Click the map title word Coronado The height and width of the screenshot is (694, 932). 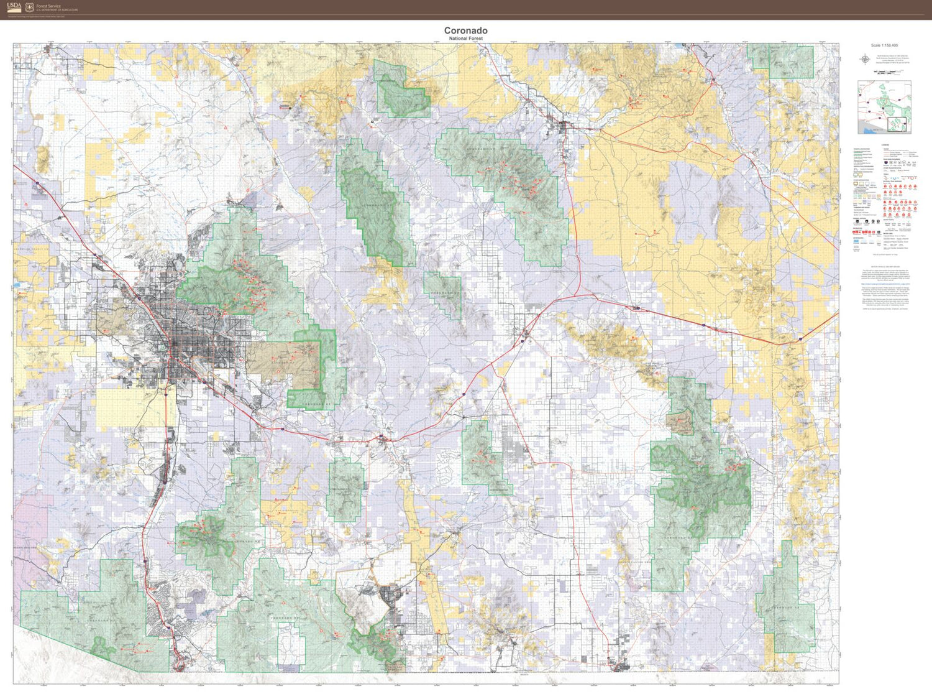click(465, 30)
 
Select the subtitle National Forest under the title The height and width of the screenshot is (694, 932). click(465, 39)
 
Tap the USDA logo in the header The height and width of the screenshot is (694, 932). click(14, 7)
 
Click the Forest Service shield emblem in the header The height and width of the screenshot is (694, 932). click(29, 7)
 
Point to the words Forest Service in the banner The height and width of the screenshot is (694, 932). click(48, 6)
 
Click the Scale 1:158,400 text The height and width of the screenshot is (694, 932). click(884, 45)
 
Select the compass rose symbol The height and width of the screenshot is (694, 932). click(864, 60)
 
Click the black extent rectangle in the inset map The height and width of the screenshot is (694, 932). click(897, 124)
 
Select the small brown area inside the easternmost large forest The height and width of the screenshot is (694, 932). click(680, 423)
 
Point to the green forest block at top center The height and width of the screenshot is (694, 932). click(401, 93)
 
